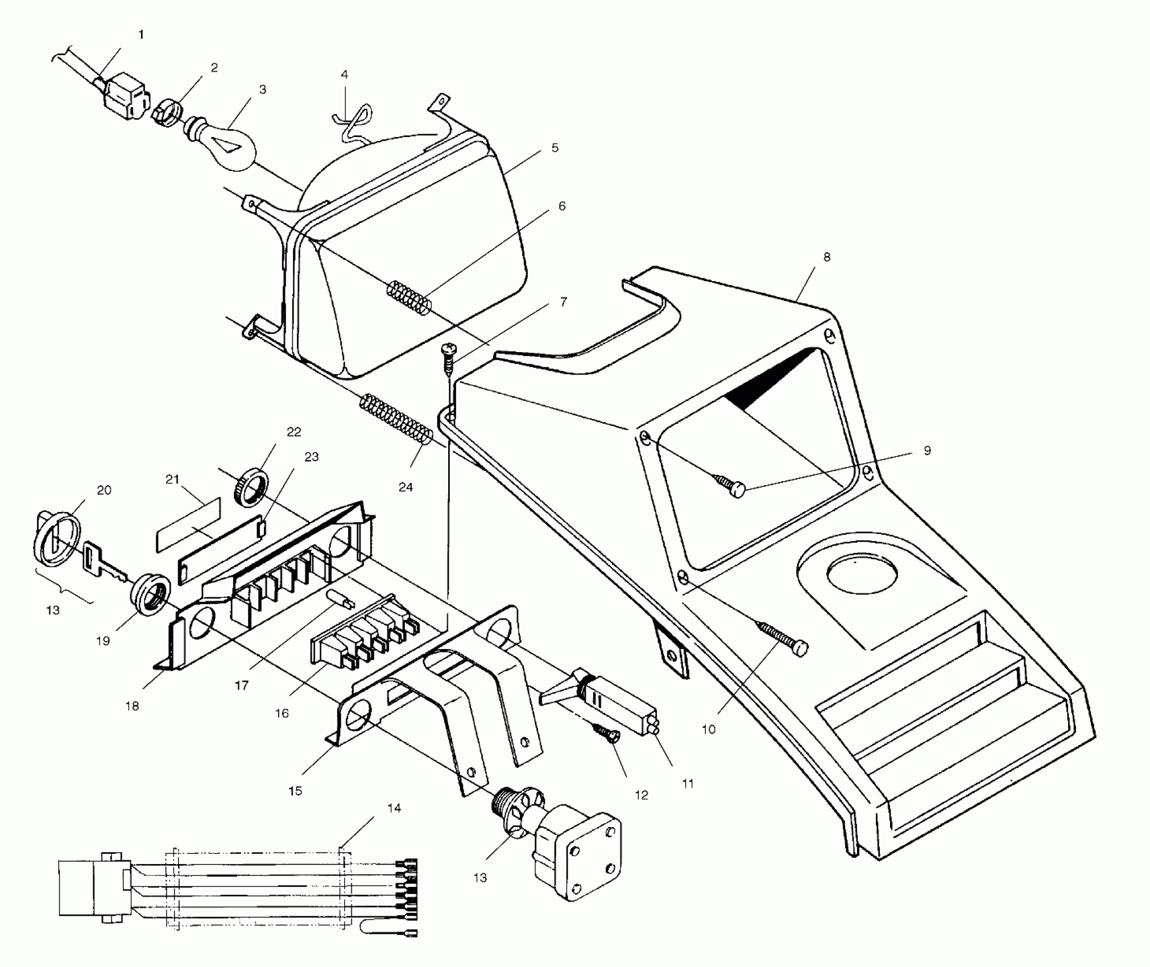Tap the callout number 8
pos(826,257)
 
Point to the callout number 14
pos(394,808)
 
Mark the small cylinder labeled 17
pos(340,598)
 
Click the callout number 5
pos(555,148)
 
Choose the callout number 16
pos(282,713)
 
